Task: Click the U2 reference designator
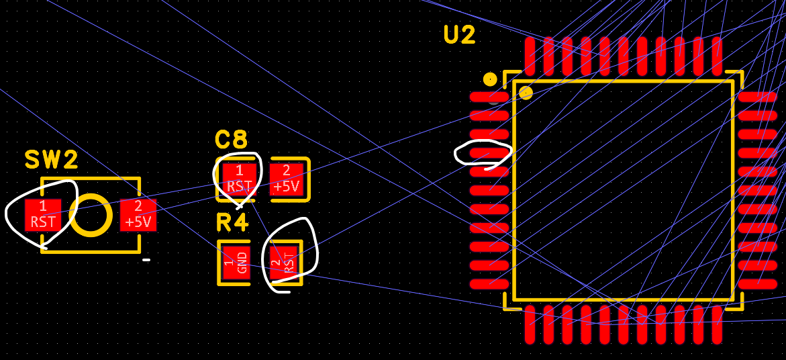click(x=460, y=35)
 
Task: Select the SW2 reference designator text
click(x=52, y=160)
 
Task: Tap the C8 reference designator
click(x=232, y=140)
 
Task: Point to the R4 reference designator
click(x=232, y=222)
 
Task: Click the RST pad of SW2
click(x=43, y=214)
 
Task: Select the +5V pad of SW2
click(x=138, y=214)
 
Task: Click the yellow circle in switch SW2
click(x=91, y=215)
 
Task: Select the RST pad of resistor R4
click(x=283, y=263)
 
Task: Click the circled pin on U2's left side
click(x=489, y=153)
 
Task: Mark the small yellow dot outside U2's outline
click(x=490, y=79)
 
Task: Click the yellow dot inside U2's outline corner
click(x=526, y=93)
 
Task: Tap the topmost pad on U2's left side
click(x=489, y=97)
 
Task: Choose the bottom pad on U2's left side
click(x=489, y=284)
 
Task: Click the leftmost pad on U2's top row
click(x=530, y=56)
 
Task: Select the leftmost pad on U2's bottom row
click(x=530, y=324)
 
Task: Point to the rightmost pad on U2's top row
click(x=717, y=56)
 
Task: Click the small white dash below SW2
click(x=146, y=260)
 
